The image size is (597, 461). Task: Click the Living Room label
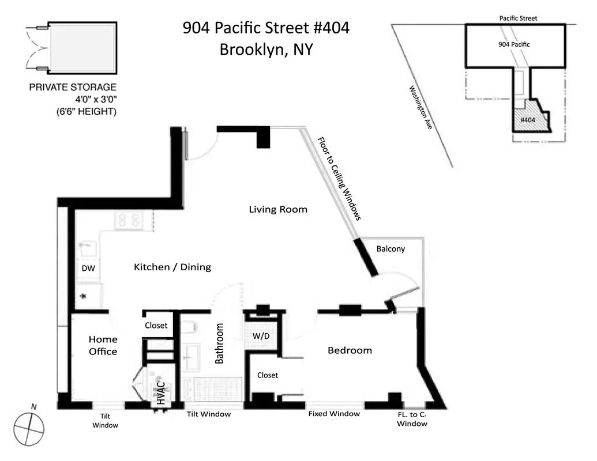click(x=278, y=209)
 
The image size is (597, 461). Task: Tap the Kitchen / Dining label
click(x=172, y=267)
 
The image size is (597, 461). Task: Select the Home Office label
click(x=103, y=345)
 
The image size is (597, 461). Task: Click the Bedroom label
click(x=350, y=350)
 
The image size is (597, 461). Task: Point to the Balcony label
click(x=391, y=249)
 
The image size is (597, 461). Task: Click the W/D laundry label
click(x=262, y=335)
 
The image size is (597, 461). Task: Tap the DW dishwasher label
click(x=88, y=269)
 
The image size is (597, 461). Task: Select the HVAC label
click(x=161, y=393)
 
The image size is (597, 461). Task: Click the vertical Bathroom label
click(x=219, y=343)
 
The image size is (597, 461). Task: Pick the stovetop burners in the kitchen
click(x=129, y=220)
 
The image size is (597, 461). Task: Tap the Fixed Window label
click(x=334, y=414)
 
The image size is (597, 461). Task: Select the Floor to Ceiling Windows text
click(x=340, y=179)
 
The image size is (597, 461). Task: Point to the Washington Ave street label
click(x=420, y=107)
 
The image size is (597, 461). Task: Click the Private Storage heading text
click(x=73, y=88)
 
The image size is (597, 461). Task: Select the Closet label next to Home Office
click(x=156, y=326)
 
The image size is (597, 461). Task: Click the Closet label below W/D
click(x=268, y=375)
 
